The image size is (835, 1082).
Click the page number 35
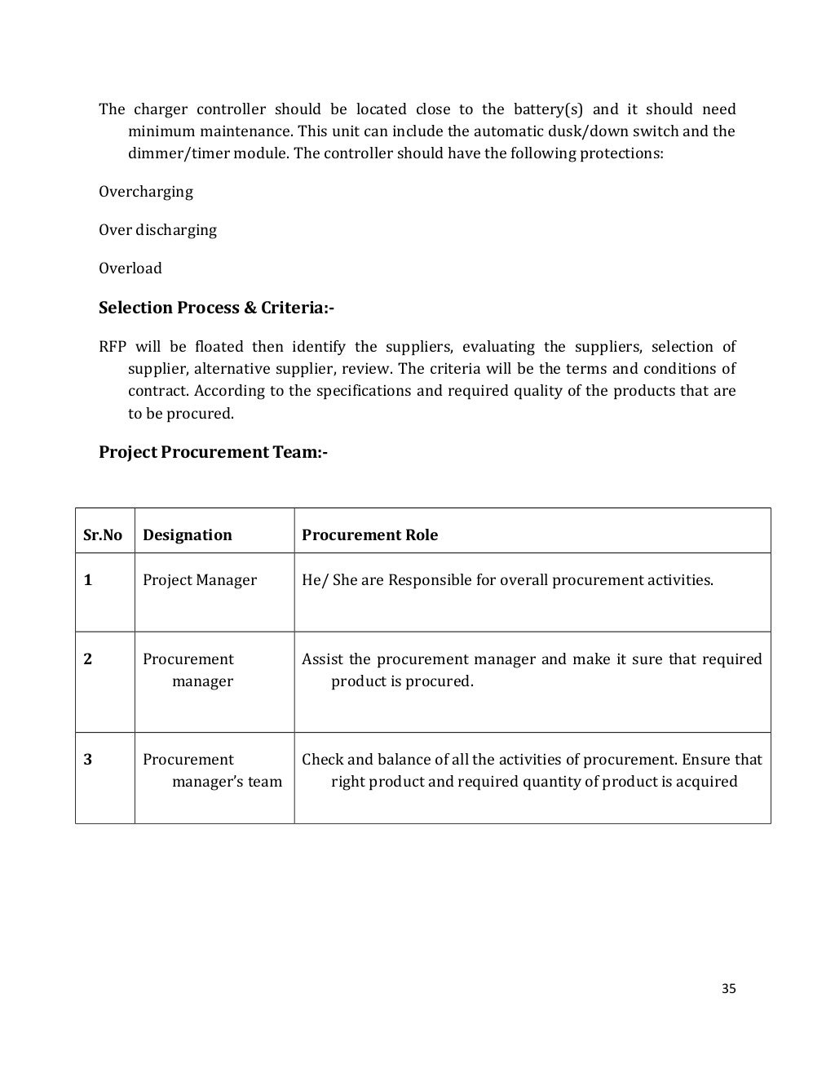(x=729, y=988)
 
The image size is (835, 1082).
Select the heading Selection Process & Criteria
(x=216, y=308)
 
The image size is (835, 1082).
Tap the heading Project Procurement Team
(x=213, y=451)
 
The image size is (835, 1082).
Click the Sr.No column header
(x=103, y=535)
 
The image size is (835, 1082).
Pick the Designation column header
(x=187, y=535)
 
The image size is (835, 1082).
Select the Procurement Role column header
(x=369, y=535)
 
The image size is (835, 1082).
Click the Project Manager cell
(x=199, y=580)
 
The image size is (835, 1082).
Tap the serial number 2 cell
(x=88, y=659)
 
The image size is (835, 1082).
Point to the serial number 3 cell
(x=88, y=760)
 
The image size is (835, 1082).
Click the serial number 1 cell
(x=88, y=580)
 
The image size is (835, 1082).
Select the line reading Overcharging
(x=146, y=192)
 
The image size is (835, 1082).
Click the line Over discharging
(x=157, y=230)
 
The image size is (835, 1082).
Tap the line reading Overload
(x=130, y=268)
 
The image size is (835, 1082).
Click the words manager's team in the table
(x=227, y=782)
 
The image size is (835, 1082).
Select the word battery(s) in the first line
(x=546, y=109)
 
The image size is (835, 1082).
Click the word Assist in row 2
(x=323, y=659)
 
